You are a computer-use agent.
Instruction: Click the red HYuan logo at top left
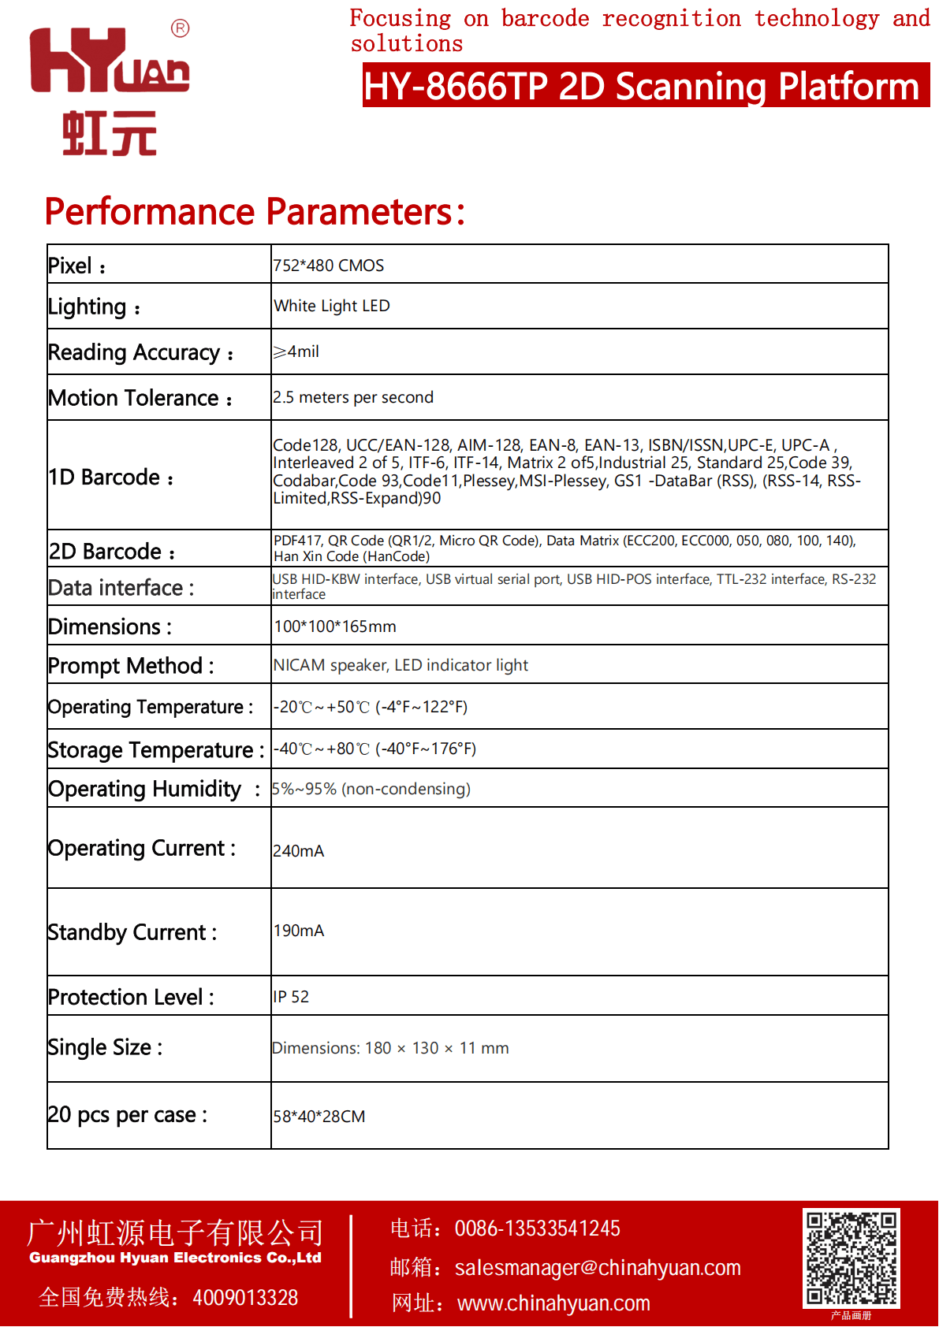coord(109,88)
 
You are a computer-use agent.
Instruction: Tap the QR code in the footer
coord(851,1258)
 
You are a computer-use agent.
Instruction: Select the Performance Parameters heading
coord(255,211)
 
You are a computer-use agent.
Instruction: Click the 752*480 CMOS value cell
coord(329,266)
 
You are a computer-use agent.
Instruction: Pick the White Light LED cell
coord(332,306)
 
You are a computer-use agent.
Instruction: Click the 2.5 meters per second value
coord(353,397)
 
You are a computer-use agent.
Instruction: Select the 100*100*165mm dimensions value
coord(335,626)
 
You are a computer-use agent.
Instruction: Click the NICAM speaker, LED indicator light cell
coord(401,665)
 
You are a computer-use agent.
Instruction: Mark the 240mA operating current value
coord(299,851)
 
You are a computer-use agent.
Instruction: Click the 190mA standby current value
coord(299,931)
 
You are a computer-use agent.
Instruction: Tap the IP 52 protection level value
coord(291,997)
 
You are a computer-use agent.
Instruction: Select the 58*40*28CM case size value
coord(319,1117)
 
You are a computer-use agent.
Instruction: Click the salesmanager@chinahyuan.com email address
coord(598,1267)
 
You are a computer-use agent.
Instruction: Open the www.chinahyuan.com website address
coord(553,1303)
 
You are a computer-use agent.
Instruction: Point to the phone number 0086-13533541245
coord(537,1228)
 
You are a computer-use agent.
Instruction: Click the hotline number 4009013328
coord(245,1297)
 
